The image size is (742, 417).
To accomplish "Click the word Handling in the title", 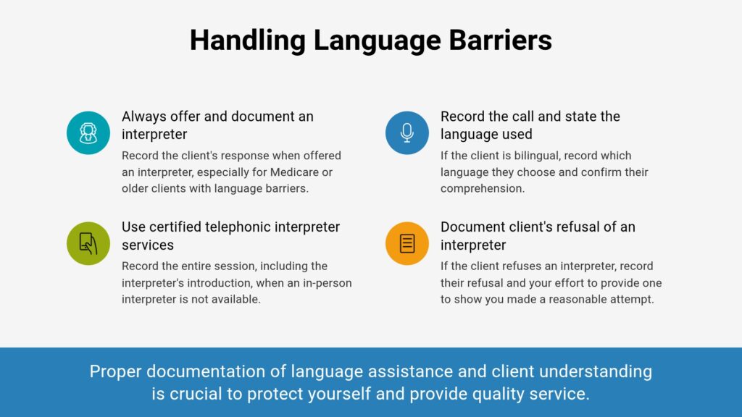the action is coord(248,41).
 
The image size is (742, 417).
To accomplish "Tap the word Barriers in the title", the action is coord(500,41).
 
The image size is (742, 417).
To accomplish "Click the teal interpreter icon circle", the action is coord(88,133).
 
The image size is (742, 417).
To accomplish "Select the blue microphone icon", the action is coord(407,133).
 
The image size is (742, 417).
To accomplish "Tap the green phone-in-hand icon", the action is coord(88,243).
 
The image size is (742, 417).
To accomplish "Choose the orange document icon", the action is coord(407,243).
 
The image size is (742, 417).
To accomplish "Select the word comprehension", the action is coord(482,189).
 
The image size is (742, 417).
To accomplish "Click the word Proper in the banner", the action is coord(115,372).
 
